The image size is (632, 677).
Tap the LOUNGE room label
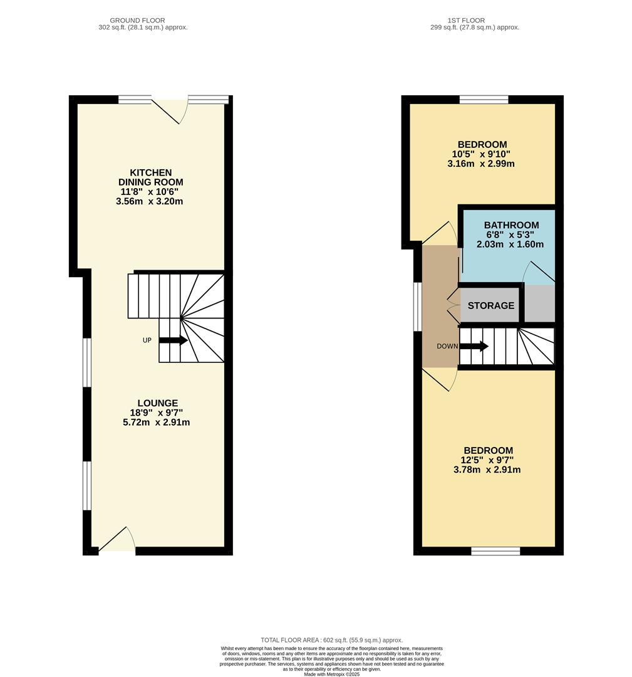pyautogui.click(x=158, y=403)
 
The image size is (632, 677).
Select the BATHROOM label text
pyautogui.click(x=511, y=226)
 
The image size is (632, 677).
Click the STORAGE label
pyautogui.click(x=491, y=306)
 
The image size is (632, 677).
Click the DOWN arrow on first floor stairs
pyautogui.click(x=474, y=346)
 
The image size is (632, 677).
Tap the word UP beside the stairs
pyautogui.click(x=147, y=340)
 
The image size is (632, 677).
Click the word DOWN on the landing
pyautogui.click(x=447, y=346)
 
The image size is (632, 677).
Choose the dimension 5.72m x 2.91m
pyautogui.click(x=157, y=422)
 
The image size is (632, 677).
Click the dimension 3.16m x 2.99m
pyautogui.click(x=482, y=164)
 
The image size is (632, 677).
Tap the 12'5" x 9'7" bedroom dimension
pyautogui.click(x=488, y=460)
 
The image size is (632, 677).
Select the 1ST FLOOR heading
pyautogui.click(x=466, y=21)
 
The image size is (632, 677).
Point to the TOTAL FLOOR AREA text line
pyautogui.click(x=331, y=640)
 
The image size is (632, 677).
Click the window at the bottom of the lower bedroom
pyautogui.click(x=495, y=551)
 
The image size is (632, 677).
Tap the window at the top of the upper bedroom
pyautogui.click(x=484, y=99)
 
